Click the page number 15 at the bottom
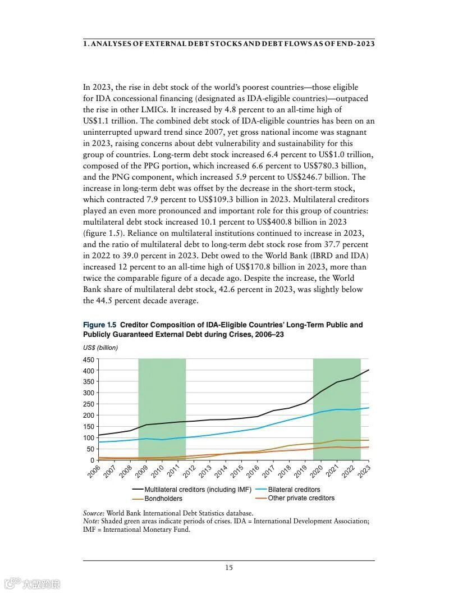(x=229, y=568)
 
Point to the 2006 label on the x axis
(x=94, y=471)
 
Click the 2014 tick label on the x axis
(x=221, y=471)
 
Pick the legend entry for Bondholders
(x=163, y=499)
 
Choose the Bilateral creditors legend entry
(x=294, y=490)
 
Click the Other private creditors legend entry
(x=301, y=498)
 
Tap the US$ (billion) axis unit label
(x=100, y=348)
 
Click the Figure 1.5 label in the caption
(x=100, y=325)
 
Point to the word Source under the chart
(x=93, y=513)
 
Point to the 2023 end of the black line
(x=369, y=370)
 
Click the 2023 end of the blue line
(x=369, y=408)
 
